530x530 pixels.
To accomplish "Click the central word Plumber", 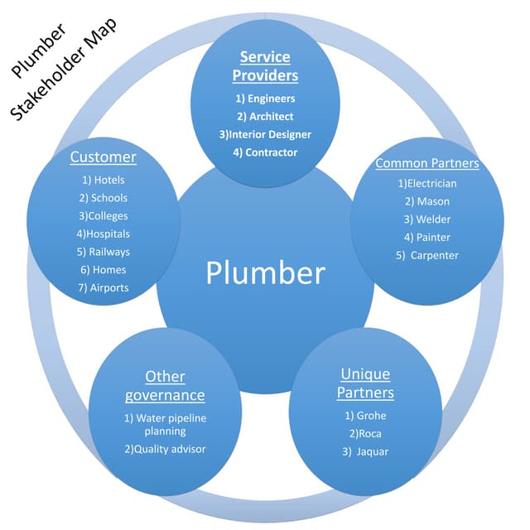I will pos(265,273).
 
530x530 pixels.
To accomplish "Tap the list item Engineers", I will pos(265,99).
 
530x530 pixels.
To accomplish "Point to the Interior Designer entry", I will pos(265,134).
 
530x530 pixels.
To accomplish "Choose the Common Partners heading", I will pos(426,163).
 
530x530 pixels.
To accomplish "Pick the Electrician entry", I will pos(426,184).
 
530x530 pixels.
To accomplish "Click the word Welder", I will pos(426,219).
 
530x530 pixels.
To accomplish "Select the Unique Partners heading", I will pos(367,383).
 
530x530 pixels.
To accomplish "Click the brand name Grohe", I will pos(365,416).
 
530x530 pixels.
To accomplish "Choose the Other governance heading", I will pos(165,386).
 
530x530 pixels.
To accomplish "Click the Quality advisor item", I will pos(165,449).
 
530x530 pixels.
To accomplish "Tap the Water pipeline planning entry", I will pos(165,425).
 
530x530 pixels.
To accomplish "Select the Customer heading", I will pos(103,157).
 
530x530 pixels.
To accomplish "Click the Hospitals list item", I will pos(104,234).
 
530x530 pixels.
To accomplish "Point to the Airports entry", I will pos(104,288).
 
